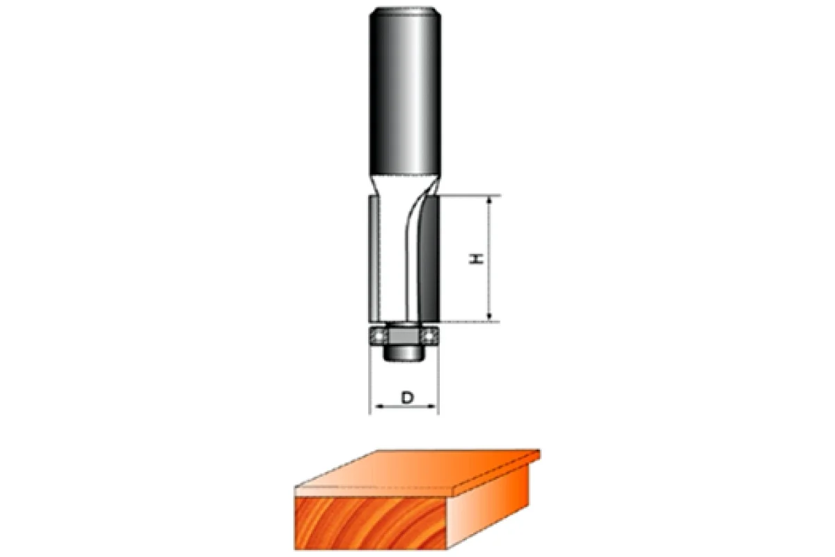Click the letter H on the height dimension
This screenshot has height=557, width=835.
(x=476, y=259)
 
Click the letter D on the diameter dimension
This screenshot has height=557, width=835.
(x=408, y=398)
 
